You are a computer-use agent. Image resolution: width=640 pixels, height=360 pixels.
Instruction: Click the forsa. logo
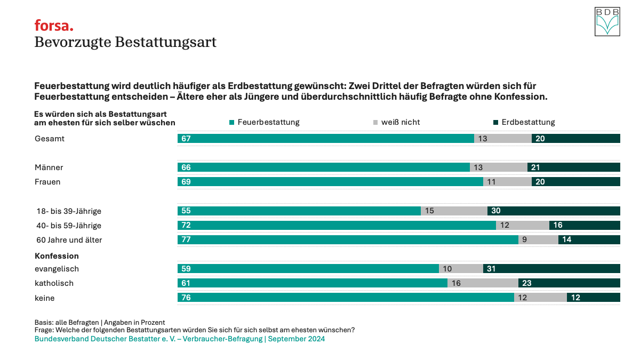[54, 25]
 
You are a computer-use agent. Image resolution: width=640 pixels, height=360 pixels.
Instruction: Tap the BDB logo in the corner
[607, 22]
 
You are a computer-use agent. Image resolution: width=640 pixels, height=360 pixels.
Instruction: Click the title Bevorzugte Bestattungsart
[125, 42]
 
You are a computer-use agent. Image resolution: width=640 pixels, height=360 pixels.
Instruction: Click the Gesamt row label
[49, 139]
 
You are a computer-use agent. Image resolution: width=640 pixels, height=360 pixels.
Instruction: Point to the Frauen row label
[47, 182]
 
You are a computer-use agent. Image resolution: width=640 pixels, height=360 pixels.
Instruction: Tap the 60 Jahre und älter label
[69, 240]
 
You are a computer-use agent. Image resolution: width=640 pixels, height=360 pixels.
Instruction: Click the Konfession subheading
[57, 256]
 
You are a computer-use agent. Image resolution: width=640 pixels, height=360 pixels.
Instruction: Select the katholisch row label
[54, 283]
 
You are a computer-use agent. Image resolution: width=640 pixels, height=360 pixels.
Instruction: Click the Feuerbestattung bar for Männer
[323, 167]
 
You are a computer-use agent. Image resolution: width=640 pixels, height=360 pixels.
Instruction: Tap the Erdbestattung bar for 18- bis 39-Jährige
[554, 211]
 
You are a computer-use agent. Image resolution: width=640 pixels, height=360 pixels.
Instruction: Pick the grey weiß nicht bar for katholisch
[483, 283]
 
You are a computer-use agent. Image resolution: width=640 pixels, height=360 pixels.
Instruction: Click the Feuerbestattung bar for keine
[346, 298]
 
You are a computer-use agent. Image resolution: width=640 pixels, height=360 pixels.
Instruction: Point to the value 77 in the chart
[186, 240]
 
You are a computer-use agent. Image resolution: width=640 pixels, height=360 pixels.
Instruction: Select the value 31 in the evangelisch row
[491, 269]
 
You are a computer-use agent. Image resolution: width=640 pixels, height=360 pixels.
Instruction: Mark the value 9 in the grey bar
[524, 240]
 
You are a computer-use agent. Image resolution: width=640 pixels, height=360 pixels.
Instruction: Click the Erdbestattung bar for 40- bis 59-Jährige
[585, 226]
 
